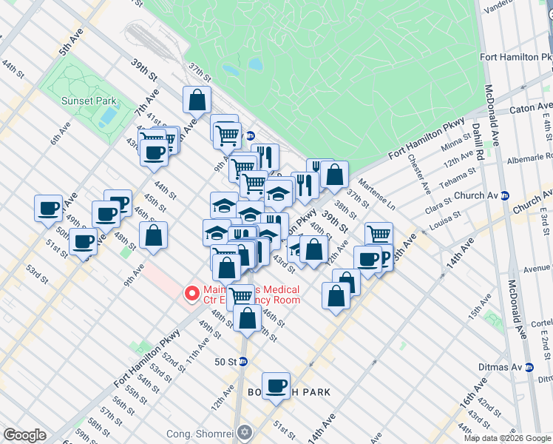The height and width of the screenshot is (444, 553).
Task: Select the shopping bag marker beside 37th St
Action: tap(197, 100)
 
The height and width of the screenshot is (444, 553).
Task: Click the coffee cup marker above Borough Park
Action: tap(276, 386)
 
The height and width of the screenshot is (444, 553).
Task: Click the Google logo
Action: tap(24, 435)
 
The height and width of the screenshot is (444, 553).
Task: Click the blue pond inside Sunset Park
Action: tap(109, 115)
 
